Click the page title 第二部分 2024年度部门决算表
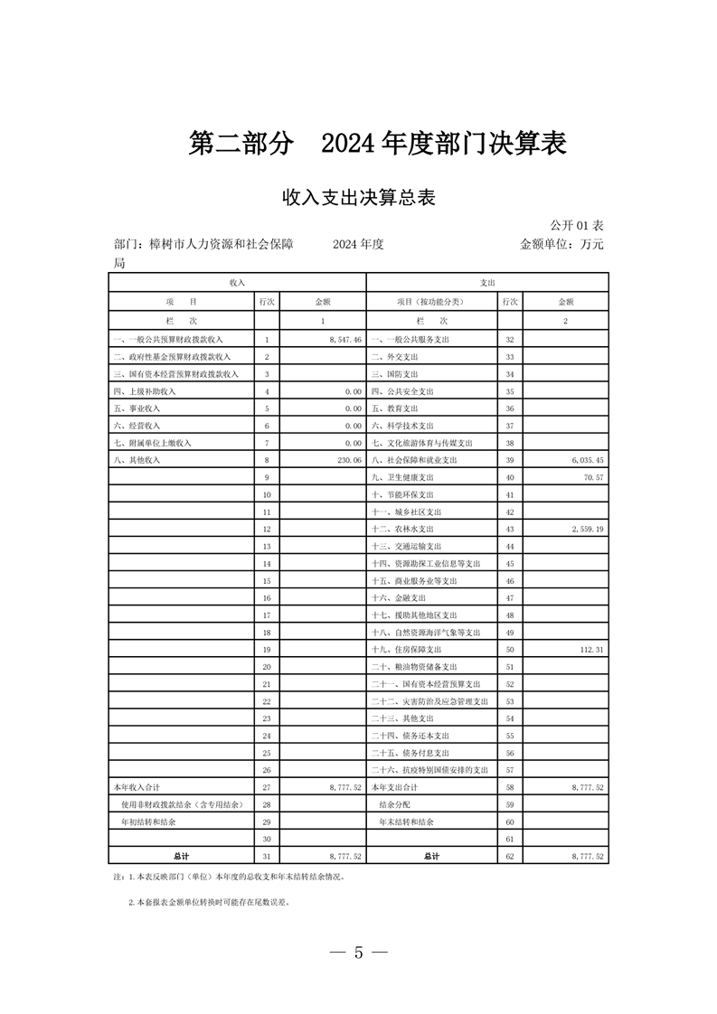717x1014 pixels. point(377,143)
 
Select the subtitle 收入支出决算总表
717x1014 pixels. point(359,198)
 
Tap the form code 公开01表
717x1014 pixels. point(577,224)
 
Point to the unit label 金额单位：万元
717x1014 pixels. point(561,244)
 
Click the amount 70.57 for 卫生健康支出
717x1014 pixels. point(593,477)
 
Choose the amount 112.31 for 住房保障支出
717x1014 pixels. point(590,650)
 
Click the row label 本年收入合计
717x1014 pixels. point(136,788)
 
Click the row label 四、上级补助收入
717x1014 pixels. point(145,391)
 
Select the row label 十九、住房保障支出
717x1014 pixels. point(407,650)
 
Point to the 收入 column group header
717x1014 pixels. point(237,283)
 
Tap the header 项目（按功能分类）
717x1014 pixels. point(429,302)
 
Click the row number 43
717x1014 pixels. point(510,529)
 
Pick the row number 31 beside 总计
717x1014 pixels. point(267,856)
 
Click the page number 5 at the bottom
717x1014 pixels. point(358,952)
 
